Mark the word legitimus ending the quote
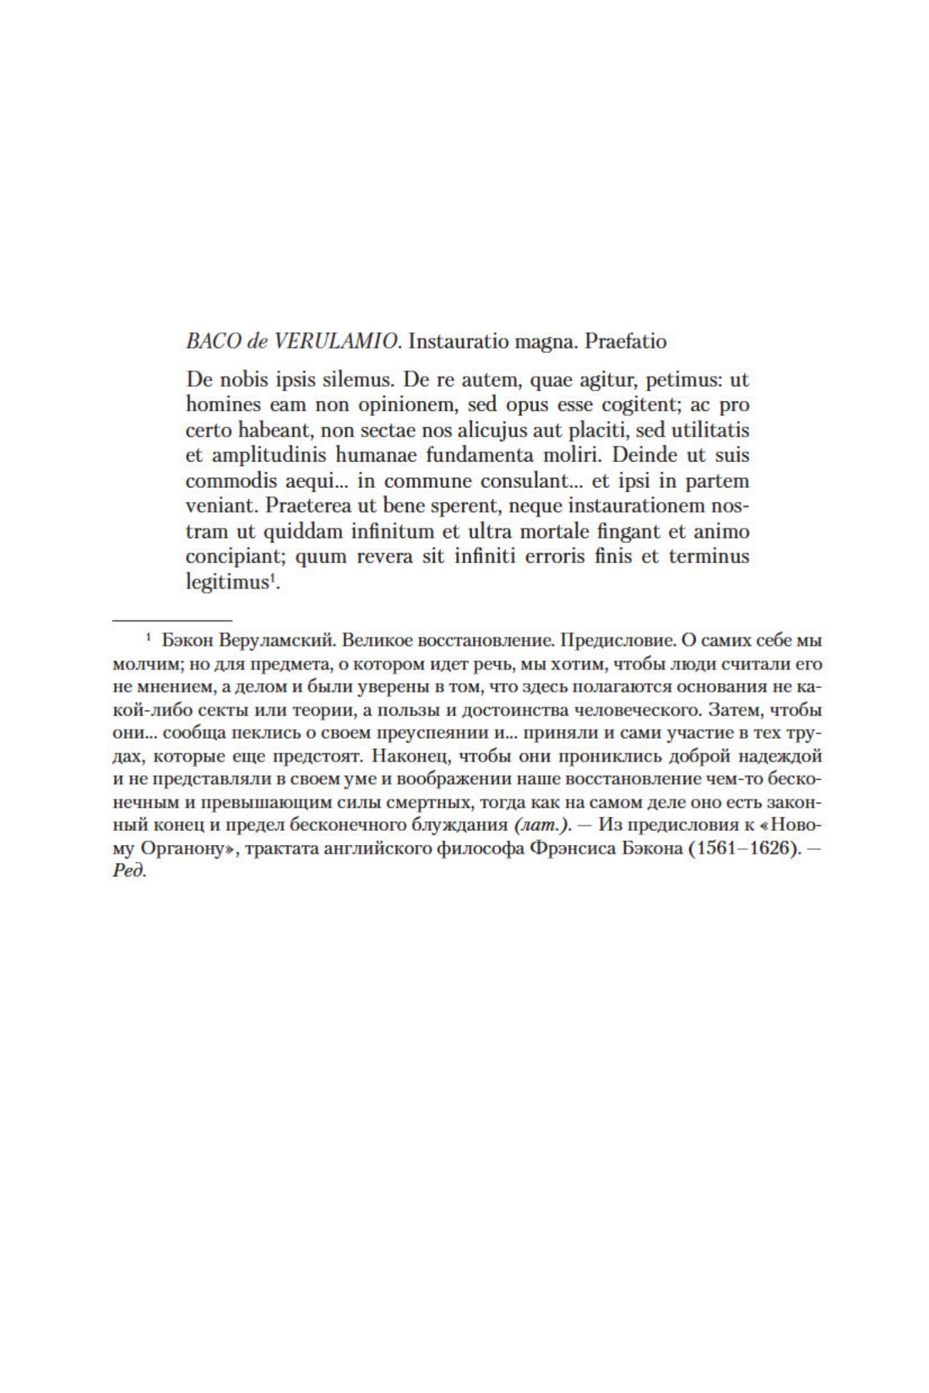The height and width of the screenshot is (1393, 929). click(x=226, y=583)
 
